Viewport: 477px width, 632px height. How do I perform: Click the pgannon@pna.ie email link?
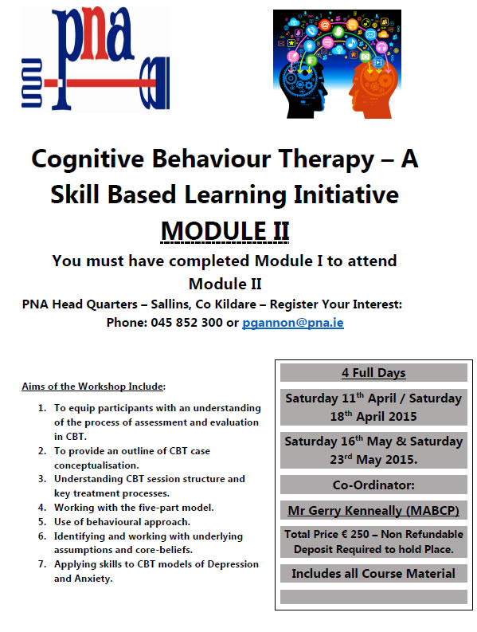click(x=293, y=323)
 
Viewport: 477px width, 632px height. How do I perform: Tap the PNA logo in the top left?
click(x=96, y=58)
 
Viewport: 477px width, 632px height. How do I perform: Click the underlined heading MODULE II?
click(x=225, y=231)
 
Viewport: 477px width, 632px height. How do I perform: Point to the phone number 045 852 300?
click(x=186, y=323)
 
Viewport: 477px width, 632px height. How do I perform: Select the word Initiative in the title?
click(x=346, y=194)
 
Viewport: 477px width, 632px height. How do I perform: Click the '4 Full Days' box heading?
click(x=373, y=373)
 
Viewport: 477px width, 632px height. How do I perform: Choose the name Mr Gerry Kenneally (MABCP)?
click(x=373, y=511)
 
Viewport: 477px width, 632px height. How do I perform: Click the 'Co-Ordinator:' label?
click(x=373, y=485)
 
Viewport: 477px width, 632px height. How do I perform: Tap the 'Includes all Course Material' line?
click(x=373, y=574)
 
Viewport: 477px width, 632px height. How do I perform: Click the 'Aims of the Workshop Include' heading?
click(x=92, y=387)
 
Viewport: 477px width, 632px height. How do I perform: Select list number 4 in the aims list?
click(x=42, y=508)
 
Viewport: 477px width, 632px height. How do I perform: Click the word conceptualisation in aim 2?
click(x=96, y=465)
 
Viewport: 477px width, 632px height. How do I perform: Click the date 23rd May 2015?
click(x=373, y=460)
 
